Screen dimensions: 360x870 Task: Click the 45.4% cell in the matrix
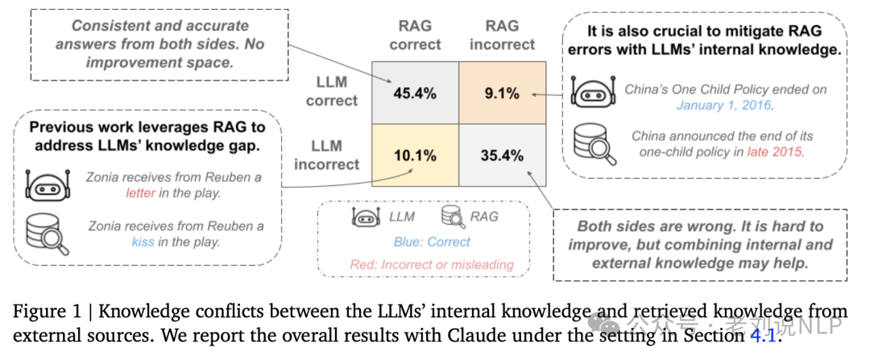coord(414,93)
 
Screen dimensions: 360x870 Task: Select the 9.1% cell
coord(502,93)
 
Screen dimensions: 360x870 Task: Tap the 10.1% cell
coord(414,155)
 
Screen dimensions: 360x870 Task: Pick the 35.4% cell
coord(502,155)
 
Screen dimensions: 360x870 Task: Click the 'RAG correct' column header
coord(416,35)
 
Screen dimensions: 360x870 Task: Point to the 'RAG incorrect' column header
coord(503,35)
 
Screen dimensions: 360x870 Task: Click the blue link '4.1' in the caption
coord(761,336)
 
